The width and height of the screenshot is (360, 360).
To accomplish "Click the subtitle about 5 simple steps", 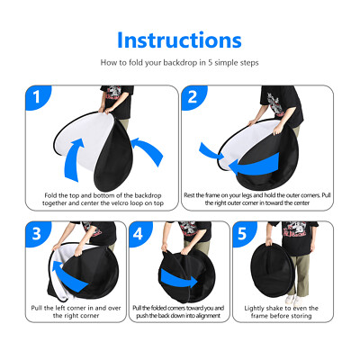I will click(180, 64).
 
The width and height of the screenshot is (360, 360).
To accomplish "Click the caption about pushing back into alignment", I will click(179, 311).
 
